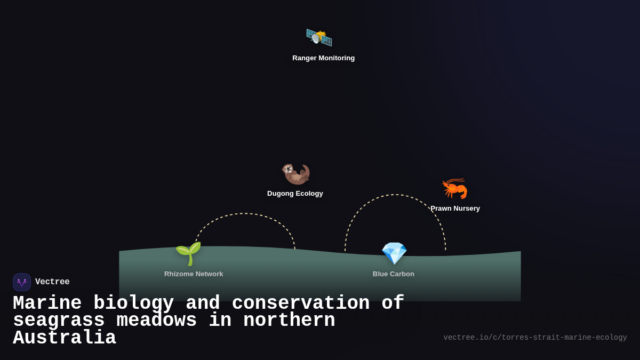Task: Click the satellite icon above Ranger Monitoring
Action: pyautogui.click(x=319, y=37)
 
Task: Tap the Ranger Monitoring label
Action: pyautogui.click(x=323, y=58)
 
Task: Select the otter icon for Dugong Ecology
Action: pyautogui.click(x=295, y=173)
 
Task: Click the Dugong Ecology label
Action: pyautogui.click(x=295, y=194)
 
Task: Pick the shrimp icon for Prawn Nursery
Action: pyautogui.click(x=454, y=188)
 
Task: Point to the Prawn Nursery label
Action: pyautogui.click(x=455, y=209)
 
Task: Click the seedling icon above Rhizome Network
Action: pyautogui.click(x=188, y=253)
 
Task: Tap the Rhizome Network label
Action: pyautogui.click(x=194, y=274)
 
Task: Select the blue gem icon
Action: pyautogui.click(x=394, y=253)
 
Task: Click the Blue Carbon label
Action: pyautogui.click(x=394, y=274)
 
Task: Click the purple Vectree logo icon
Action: pyautogui.click(x=22, y=282)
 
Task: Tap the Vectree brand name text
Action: pyautogui.click(x=52, y=282)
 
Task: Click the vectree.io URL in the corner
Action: pyautogui.click(x=535, y=338)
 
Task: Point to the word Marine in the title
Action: pyautogui.click(x=47, y=303)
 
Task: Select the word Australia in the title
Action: pyautogui.click(x=65, y=338)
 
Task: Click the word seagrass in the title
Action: pyautogui.click(x=59, y=321)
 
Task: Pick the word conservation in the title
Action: pyautogui.click(x=301, y=303)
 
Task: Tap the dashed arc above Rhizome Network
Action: pyautogui.click(x=245, y=214)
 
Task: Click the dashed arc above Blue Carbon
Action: pyautogui.click(x=395, y=195)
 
